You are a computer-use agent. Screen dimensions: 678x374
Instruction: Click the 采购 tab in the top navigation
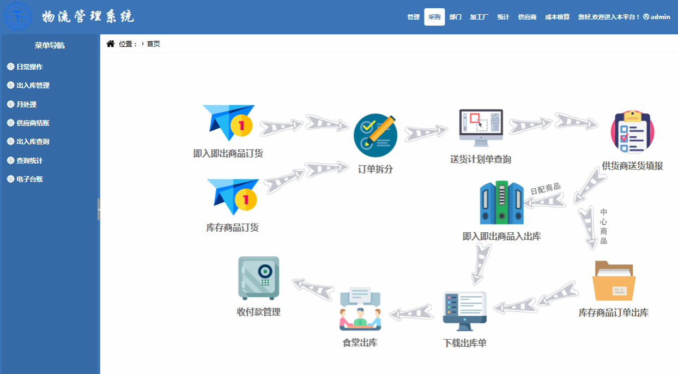point(434,17)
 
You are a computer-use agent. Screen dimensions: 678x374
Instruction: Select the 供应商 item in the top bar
point(527,17)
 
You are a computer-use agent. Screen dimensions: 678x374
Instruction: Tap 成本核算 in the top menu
point(557,17)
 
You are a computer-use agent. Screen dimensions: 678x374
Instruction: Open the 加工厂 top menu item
point(479,17)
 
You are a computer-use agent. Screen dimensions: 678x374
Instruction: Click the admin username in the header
point(660,17)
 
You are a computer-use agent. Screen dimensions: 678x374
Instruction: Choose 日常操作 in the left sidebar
point(29,67)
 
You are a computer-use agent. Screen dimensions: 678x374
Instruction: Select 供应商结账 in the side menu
point(33,123)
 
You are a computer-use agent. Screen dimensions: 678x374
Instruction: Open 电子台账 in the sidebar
point(29,179)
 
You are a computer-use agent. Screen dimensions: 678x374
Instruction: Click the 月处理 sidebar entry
point(26,105)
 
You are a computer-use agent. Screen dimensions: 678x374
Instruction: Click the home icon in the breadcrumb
point(111,44)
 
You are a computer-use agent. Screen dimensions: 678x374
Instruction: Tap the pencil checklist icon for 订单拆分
point(376,135)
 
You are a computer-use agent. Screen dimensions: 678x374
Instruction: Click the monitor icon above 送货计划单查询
point(481,128)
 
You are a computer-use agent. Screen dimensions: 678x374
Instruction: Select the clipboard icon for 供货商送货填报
point(632,132)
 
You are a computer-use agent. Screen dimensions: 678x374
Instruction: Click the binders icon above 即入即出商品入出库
point(501,203)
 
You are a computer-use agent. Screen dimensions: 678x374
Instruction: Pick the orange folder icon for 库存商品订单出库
point(614,280)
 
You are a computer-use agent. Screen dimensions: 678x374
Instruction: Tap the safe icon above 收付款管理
point(259,278)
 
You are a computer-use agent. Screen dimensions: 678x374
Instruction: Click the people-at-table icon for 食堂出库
point(360,309)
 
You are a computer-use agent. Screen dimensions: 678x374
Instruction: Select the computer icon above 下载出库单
point(464,311)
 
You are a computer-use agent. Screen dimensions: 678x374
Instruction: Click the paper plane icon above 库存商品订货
point(233,197)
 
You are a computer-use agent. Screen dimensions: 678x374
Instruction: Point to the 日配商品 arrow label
point(546,189)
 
